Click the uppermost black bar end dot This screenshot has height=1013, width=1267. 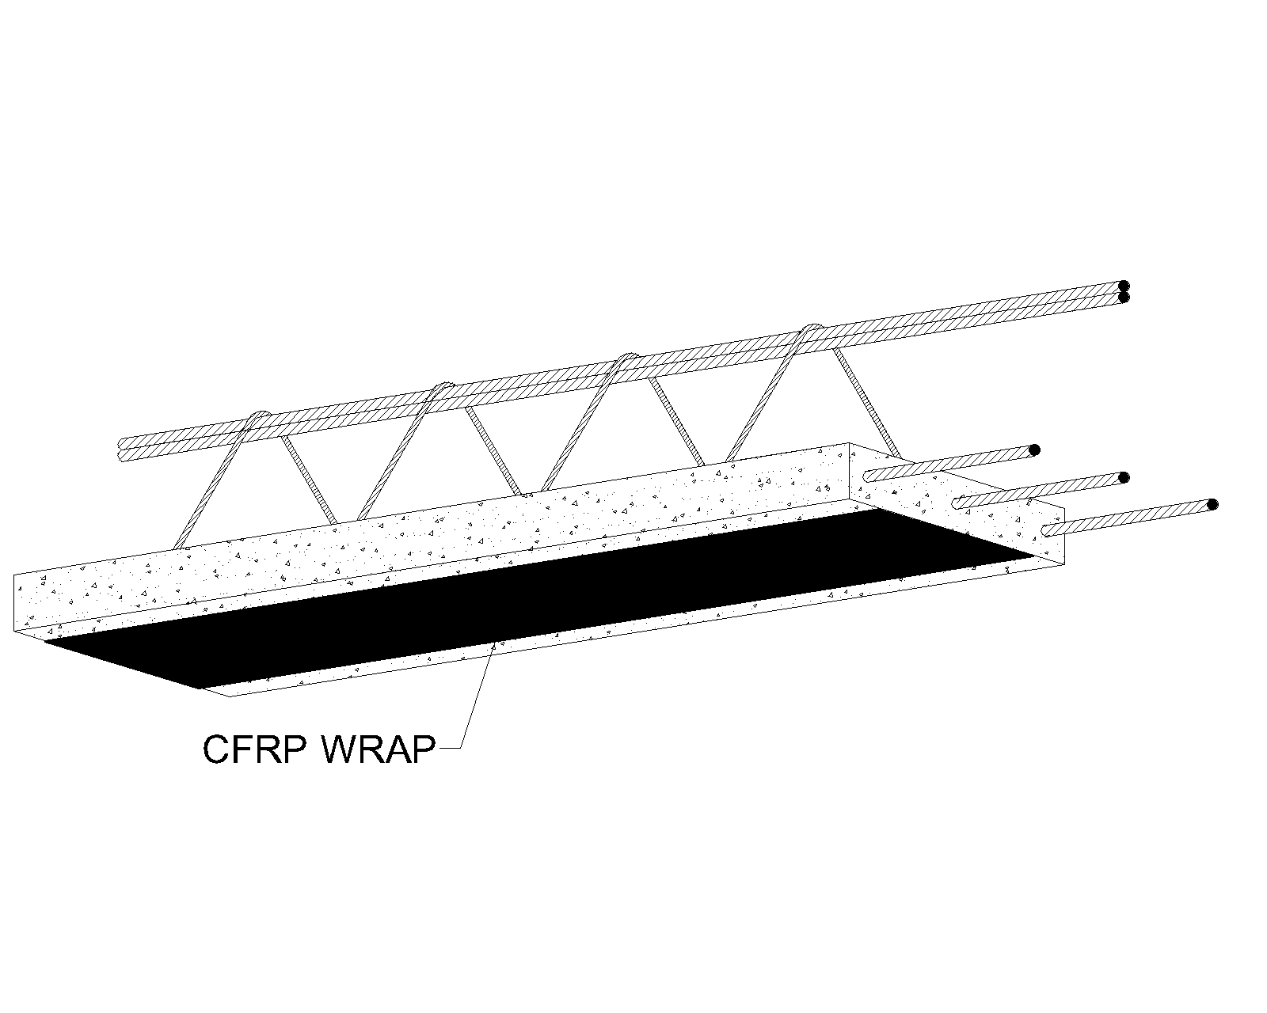(x=1124, y=286)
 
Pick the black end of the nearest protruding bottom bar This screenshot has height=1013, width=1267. (x=1212, y=504)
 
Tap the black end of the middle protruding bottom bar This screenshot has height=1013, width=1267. (x=1123, y=477)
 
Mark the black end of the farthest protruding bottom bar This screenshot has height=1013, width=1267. (x=1033, y=450)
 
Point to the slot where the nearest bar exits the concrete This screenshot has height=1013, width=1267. (x=1049, y=530)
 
